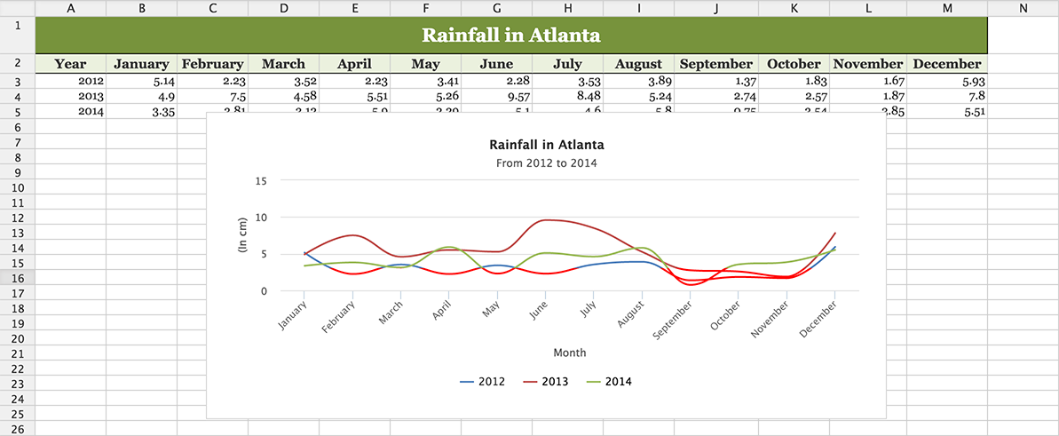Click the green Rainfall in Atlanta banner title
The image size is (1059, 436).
click(510, 36)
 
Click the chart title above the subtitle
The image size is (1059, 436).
click(546, 145)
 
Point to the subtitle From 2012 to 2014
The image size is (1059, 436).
click(546, 163)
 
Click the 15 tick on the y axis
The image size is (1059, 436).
click(261, 180)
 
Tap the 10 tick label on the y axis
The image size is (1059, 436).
click(261, 218)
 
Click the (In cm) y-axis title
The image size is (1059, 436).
click(243, 236)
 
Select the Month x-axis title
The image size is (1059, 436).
click(569, 353)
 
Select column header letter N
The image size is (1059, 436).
click(1023, 8)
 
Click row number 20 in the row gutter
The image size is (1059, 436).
click(18, 338)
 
